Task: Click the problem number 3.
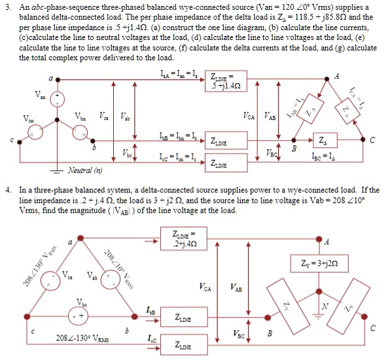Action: (x=8, y=7)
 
